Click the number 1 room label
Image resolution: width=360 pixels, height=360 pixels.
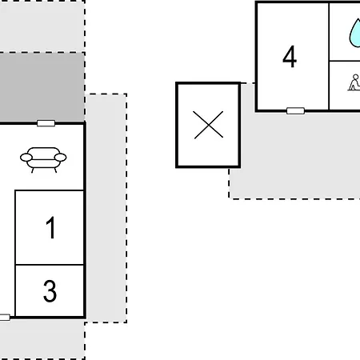click(x=50, y=227)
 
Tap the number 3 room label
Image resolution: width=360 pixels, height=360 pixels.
click(x=50, y=291)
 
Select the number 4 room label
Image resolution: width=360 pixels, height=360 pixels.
click(x=290, y=56)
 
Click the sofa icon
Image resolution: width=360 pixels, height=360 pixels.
click(x=43, y=160)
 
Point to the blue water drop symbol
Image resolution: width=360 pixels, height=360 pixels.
click(x=355, y=34)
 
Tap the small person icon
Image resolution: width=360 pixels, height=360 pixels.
click(x=354, y=82)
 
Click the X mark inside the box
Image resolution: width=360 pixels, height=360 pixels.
click(x=209, y=125)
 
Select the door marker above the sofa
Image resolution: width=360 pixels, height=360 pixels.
click(x=46, y=123)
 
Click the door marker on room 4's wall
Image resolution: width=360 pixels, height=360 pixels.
click(x=295, y=110)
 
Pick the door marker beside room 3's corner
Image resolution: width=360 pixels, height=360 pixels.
click(x=5, y=318)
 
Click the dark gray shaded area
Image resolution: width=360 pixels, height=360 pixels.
click(x=42, y=87)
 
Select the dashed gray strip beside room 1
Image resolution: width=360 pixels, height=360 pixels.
click(x=106, y=208)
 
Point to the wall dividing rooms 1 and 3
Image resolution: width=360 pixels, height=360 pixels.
click(x=50, y=265)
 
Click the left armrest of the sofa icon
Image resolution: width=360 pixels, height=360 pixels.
click(x=26, y=158)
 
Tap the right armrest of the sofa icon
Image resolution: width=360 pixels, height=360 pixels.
click(x=60, y=158)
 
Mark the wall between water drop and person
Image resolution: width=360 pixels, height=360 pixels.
click(x=345, y=61)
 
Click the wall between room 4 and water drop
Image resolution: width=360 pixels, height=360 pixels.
click(x=329, y=56)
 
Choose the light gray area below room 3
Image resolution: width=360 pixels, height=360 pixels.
click(x=42, y=339)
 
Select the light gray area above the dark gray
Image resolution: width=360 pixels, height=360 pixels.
click(x=42, y=26)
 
